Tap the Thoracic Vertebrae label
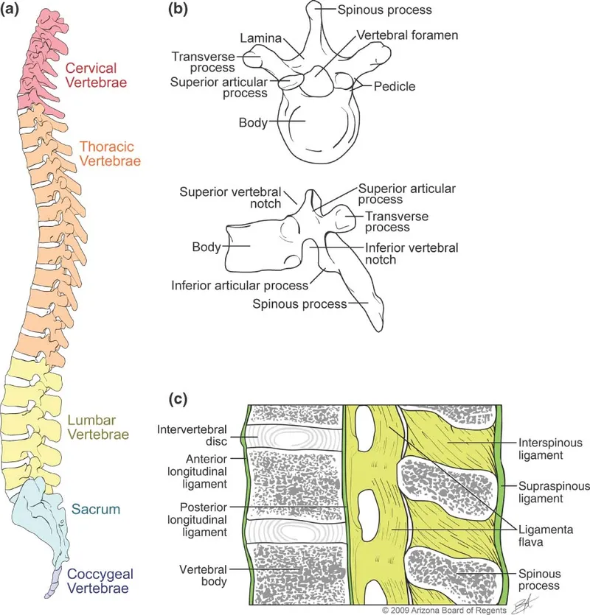[x=111, y=152]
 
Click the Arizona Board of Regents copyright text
[x=445, y=611]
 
